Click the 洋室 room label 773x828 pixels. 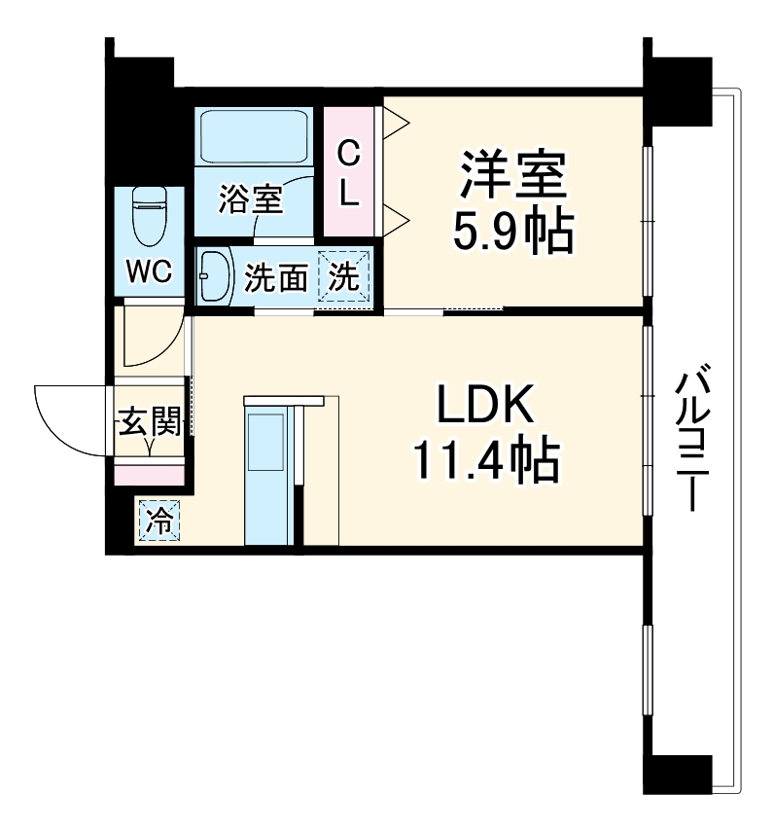coord(512,175)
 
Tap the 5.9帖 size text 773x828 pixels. coord(512,230)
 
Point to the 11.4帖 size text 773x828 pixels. coord(485,460)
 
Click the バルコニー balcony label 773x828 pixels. coord(691,438)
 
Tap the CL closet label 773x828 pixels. coord(348,173)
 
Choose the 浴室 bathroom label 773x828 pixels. coord(250,199)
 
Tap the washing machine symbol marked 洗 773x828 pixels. coord(346,276)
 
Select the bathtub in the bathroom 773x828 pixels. coord(253,135)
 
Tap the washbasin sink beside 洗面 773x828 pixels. coord(214,275)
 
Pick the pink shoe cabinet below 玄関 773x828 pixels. coord(150,474)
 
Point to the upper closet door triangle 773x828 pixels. coord(396,122)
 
